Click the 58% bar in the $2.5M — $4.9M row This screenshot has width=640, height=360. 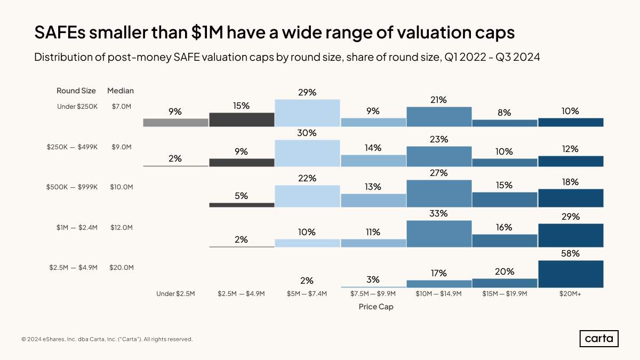(x=571, y=274)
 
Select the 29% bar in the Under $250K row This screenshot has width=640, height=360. (x=307, y=113)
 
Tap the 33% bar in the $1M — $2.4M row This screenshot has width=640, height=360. (x=439, y=234)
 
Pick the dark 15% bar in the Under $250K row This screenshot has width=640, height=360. (x=242, y=119)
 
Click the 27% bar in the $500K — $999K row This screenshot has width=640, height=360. (x=439, y=193)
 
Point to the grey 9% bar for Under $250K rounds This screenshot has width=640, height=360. (x=175, y=123)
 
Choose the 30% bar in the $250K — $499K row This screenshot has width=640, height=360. (x=307, y=153)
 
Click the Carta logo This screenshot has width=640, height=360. (x=599, y=339)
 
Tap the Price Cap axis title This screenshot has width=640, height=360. (x=376, y=307)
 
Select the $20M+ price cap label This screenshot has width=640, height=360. (x=571, y=294)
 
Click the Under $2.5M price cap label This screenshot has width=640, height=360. (x=175, y=294)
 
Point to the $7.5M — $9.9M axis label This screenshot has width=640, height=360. (x=373, y=294)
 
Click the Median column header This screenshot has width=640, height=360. (x=121, y=91)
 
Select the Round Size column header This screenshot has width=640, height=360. (x=76, y=91)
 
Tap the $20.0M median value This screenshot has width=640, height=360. (x=121, y=268)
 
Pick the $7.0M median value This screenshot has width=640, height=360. (x=121, y=107)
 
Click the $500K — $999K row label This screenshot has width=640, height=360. (x=72, y=187)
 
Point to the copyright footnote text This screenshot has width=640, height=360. (x=107, y=339)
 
